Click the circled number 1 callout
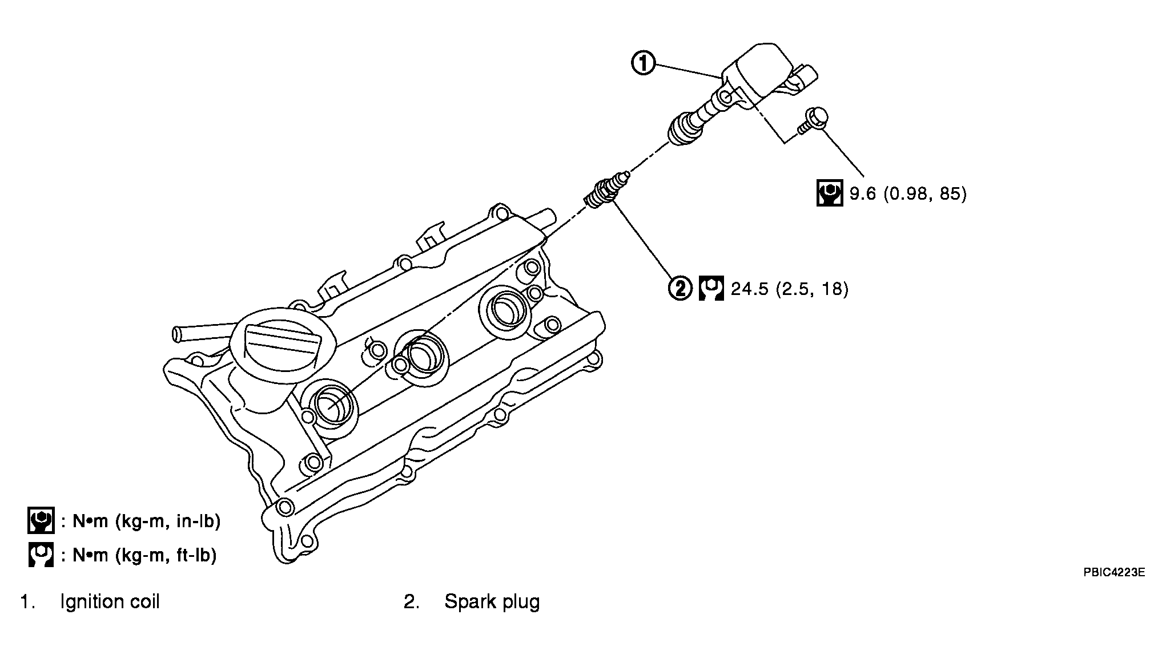(x=644, y=64)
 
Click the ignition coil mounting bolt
(x=813, y=120)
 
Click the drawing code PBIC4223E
(x=1114, y=572)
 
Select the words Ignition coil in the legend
(x=110, y=602)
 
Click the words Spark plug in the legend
(x=492, y=602)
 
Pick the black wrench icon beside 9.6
(x=830, y=193)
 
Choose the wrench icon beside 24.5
(x=711, y=288)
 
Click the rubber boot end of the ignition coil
(x=681, y=129)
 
